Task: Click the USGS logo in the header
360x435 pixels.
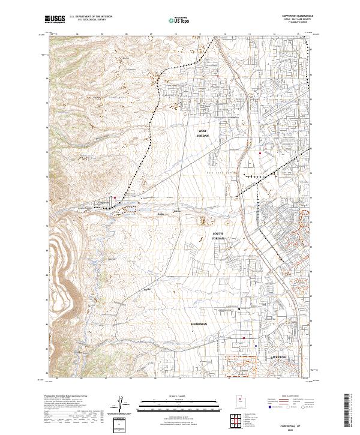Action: pyautogui.click(x=53, y=20)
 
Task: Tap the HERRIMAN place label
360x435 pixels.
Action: pyautogui.click(x=199, y=324)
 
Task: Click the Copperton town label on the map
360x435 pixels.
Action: pyautogui.click(x=104, y=203)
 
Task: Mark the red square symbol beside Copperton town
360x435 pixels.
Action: pyautogui.click(x=115, y=198)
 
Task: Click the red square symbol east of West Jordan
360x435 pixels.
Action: pyautogui.click(x=260, y=153)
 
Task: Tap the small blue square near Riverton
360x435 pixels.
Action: pyautogui.click(x=256, y=345)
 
